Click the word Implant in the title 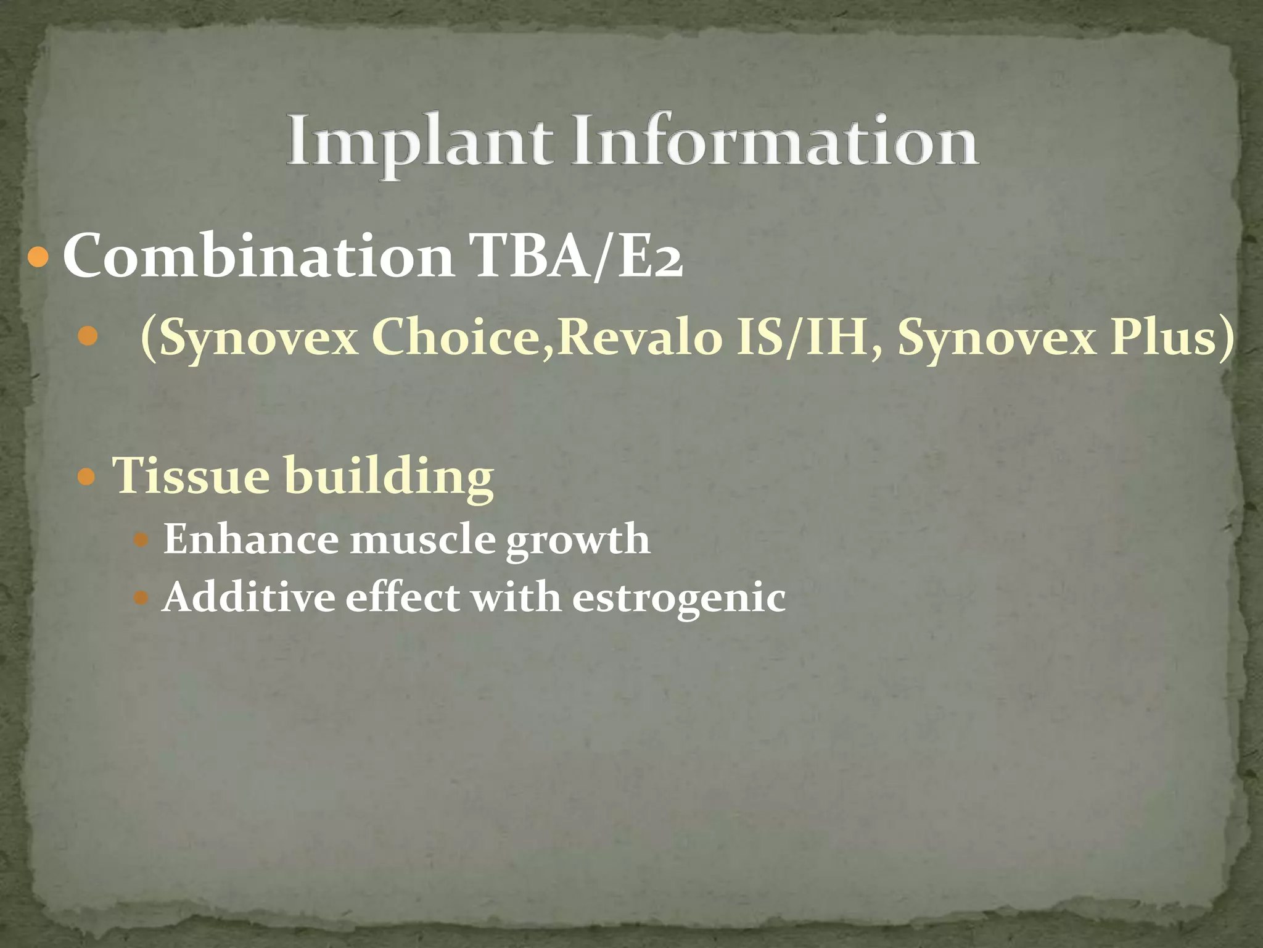coord(419,142)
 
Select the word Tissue coord(191,476)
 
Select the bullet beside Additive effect coord(141,597)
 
